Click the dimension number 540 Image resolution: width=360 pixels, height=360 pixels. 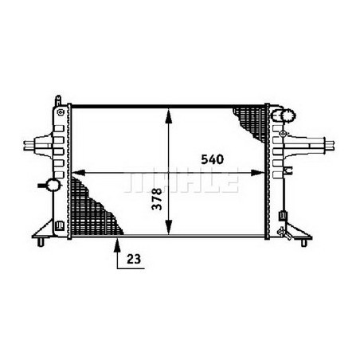point(209,158)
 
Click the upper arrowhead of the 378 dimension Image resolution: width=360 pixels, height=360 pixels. point(167,112)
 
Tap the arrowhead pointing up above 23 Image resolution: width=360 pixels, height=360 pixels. point(119,242)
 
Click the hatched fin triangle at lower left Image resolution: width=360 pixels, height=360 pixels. point(92,207)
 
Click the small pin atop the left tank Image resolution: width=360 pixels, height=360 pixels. point(57,100)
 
